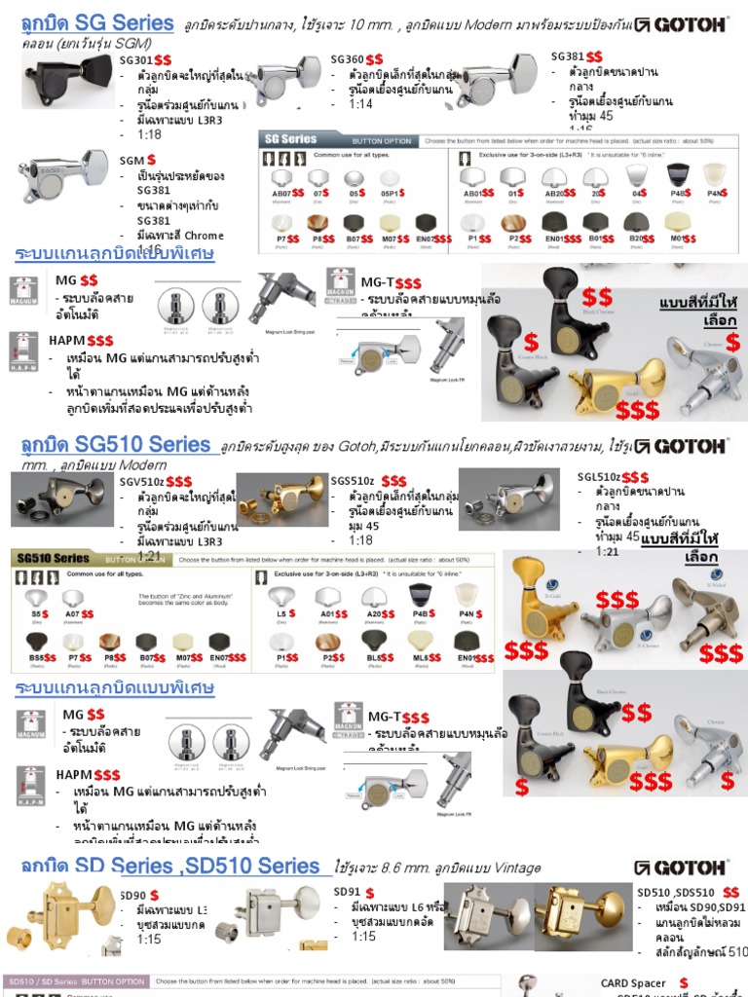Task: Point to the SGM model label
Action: point(131,159)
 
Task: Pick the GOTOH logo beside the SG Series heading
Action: point(679,24)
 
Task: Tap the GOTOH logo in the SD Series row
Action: point(679,868)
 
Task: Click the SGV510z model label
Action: point(141,481)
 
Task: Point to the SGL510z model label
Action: point(599,476)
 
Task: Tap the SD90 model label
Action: point(132,895)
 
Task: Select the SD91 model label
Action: point(347,891)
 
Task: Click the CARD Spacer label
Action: point(634,983)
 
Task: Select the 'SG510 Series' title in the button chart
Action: point(52,559)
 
